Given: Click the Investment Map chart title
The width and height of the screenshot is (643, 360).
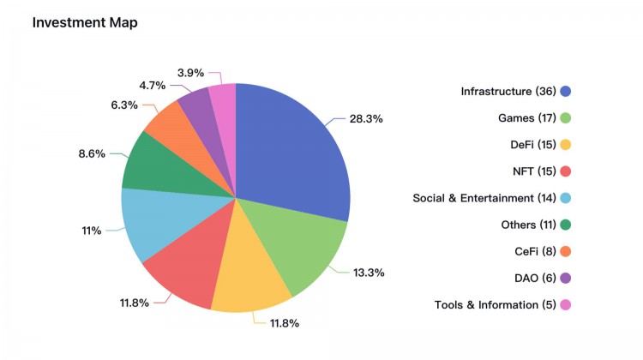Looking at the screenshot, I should pos(85,23).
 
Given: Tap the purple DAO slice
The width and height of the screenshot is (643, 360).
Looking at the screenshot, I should pos(200,107).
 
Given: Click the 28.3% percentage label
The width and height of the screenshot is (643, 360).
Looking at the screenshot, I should pos(366,118).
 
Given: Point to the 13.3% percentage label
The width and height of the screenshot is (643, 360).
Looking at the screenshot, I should pos(369,273).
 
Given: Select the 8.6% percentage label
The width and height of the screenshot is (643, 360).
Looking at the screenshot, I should pos(91,153).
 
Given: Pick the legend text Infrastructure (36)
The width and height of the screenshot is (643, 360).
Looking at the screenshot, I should pos(508,92).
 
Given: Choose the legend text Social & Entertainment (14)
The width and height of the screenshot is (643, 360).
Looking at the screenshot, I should pos(484,198).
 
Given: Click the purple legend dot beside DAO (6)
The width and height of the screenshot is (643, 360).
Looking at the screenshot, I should pos(565,279).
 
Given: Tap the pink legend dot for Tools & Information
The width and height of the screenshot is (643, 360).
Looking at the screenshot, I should pos(565,305).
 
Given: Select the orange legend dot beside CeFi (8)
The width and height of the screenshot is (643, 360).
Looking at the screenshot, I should pos(565,252).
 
